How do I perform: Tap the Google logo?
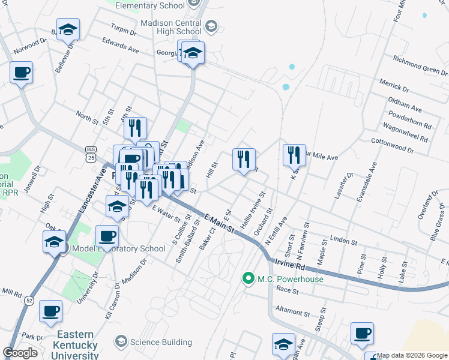click(20, 353)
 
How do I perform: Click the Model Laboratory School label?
click(118, 248)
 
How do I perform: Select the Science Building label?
click(161, 341)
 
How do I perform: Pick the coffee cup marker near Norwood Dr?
click(21, 73)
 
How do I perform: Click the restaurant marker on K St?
click(294, 155)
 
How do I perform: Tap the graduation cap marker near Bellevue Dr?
click(68, 29)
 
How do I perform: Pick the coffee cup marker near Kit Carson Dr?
click(107, 235)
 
